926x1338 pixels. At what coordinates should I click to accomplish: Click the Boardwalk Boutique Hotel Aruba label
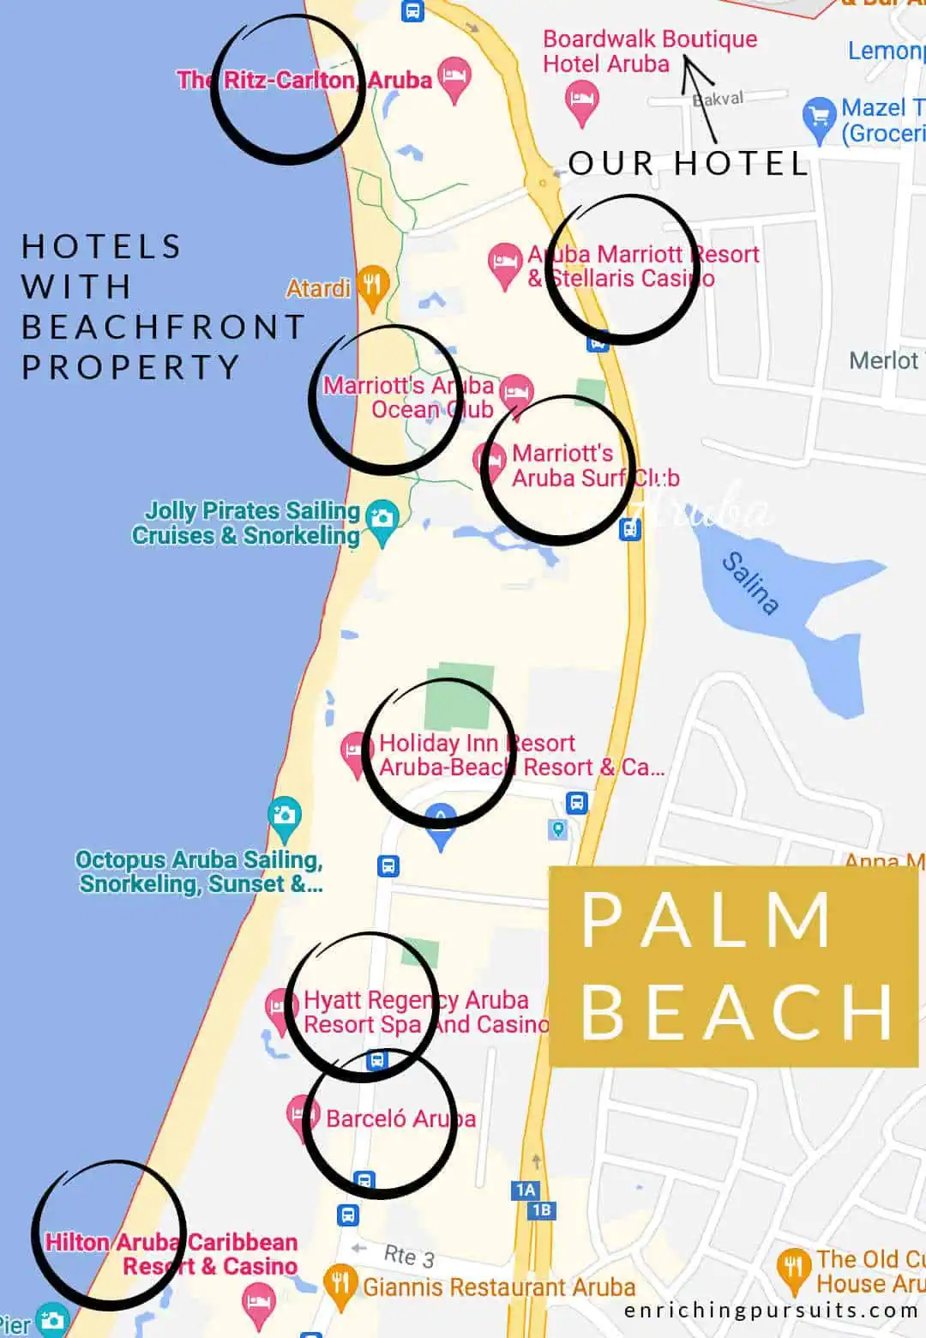[649, 51]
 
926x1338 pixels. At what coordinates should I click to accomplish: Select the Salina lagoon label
[751, 583]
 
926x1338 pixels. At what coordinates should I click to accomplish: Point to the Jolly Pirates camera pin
[382, 520]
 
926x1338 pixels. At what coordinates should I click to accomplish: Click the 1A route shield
[526, 1190]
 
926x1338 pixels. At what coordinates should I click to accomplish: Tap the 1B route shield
[541, 1210]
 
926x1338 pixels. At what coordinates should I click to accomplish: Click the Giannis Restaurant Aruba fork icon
[340, 1284]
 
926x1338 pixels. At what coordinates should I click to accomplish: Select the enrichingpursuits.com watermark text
[772, 1311]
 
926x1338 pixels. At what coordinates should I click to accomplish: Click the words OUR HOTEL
[688, 163]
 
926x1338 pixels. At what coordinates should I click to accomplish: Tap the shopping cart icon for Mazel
[820, 117]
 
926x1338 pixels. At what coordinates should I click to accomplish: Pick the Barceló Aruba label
[400, 1118]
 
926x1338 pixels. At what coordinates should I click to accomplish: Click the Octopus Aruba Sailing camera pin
[285, 815]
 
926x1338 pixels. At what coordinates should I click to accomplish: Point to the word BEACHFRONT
[163, 327]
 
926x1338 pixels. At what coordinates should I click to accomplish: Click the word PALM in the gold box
[707, 920]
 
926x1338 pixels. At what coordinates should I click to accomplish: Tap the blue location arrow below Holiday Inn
[441, 824]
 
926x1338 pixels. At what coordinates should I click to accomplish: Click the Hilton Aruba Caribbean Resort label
[171, 1254]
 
